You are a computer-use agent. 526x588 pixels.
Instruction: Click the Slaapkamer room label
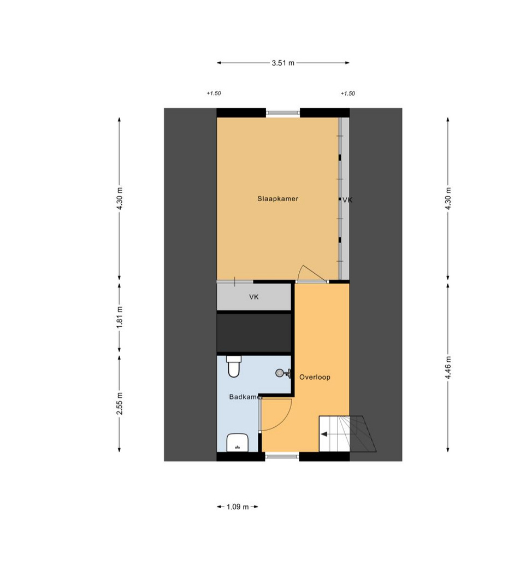coord(277,199)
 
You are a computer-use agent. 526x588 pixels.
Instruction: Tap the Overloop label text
coord(315,377)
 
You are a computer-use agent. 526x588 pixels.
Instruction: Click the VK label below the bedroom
coord(254,297)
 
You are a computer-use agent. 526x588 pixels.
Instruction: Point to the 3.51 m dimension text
coord(283,63)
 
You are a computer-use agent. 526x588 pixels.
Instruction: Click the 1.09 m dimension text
coord(238,507)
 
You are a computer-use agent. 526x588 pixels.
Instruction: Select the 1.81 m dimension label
coord(120,317)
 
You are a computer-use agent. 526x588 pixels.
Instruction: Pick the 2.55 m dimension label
coord(120,403)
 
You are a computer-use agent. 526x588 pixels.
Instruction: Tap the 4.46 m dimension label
coord(448,367)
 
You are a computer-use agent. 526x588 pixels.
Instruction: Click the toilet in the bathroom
coord(234,366)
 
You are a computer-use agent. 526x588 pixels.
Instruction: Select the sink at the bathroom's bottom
coord(238,443)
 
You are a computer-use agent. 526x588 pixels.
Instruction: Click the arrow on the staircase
coord(324,434)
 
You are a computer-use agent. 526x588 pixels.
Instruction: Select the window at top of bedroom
coord(283,113)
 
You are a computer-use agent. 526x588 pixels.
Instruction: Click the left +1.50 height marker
coord(214,93)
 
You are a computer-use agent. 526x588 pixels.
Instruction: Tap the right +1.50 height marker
coord(347,93)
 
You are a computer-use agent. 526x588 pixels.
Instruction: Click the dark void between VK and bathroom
coord(254,333)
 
